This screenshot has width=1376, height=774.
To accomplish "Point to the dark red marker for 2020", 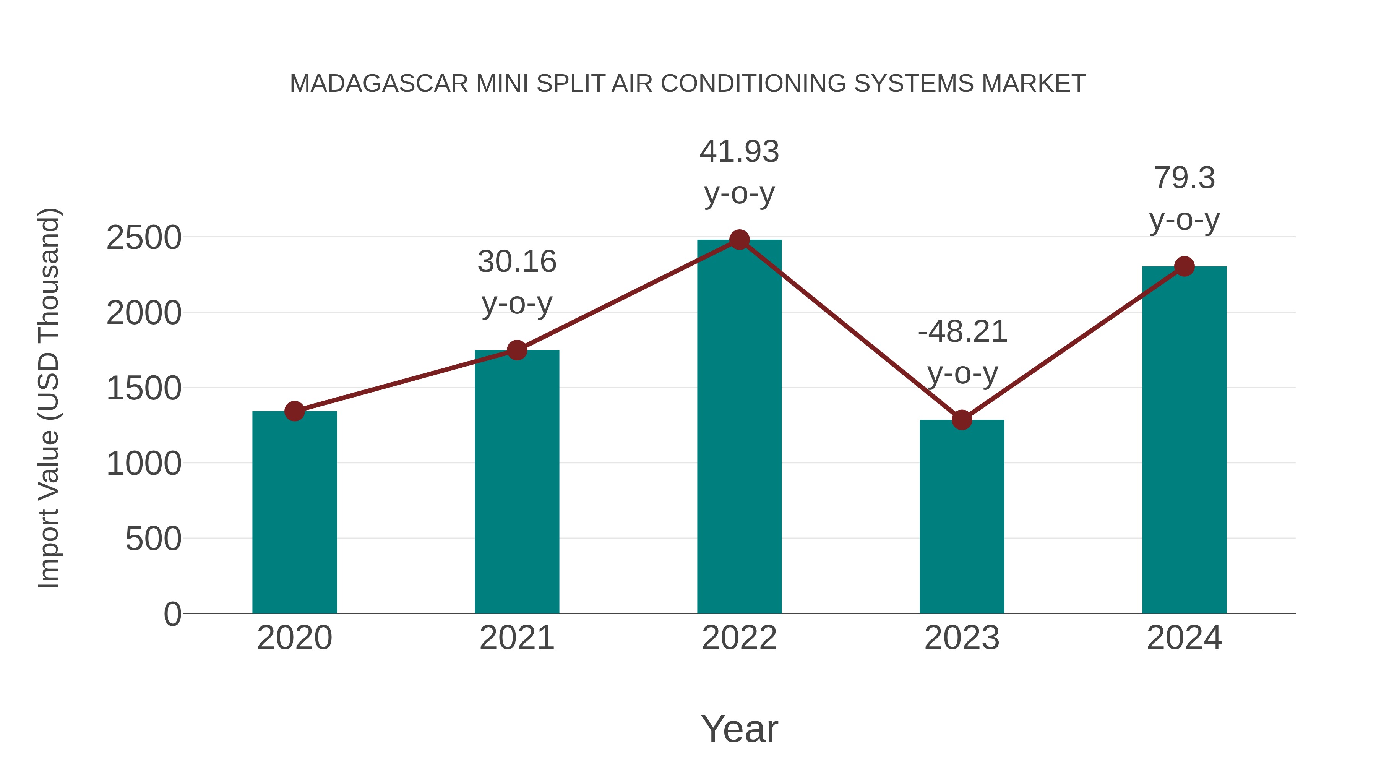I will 294,411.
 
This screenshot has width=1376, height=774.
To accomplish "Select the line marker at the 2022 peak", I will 739,240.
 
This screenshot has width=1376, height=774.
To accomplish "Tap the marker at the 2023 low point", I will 962,420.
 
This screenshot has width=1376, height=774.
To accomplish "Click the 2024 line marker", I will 1184,266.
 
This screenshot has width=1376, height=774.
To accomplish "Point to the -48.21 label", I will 962,332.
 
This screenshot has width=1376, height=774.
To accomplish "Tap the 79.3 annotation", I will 1184,178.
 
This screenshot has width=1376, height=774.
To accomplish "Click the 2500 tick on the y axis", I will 144,238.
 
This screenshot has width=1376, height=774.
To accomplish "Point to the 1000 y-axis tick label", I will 144,464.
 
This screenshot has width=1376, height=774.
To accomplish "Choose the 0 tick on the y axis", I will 172,614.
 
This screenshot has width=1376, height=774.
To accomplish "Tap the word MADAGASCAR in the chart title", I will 379,84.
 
